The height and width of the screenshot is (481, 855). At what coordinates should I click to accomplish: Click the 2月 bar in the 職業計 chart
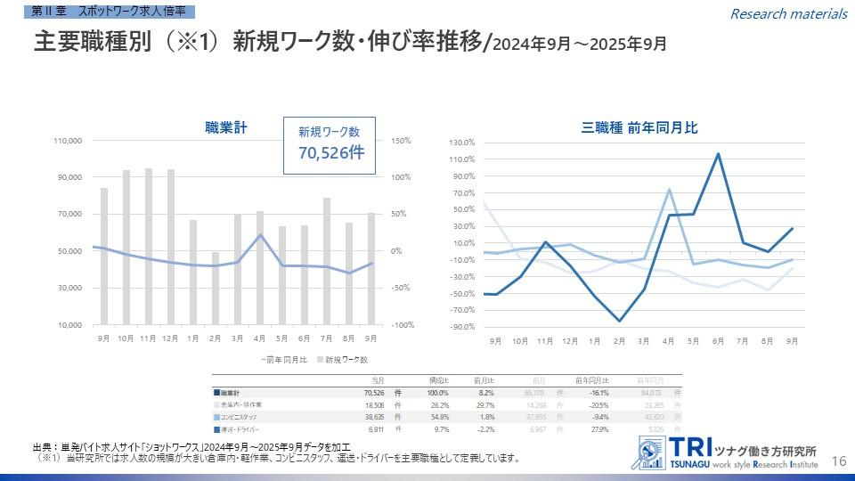(215, 289)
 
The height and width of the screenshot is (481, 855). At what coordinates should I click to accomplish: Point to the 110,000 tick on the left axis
(69, 141)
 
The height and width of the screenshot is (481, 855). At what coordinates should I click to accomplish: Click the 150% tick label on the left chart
(399, 141)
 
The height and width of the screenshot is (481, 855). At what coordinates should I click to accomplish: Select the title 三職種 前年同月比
(639, 127)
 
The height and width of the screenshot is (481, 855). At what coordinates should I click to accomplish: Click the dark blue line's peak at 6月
(718, 154)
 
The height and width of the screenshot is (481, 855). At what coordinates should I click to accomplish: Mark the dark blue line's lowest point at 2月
(619, 321)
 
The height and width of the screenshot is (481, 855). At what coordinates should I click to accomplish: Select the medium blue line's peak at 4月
(668, 190)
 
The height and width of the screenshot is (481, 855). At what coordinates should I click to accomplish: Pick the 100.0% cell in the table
(438, 392)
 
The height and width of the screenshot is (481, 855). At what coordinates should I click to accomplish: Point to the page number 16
(838, 461)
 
